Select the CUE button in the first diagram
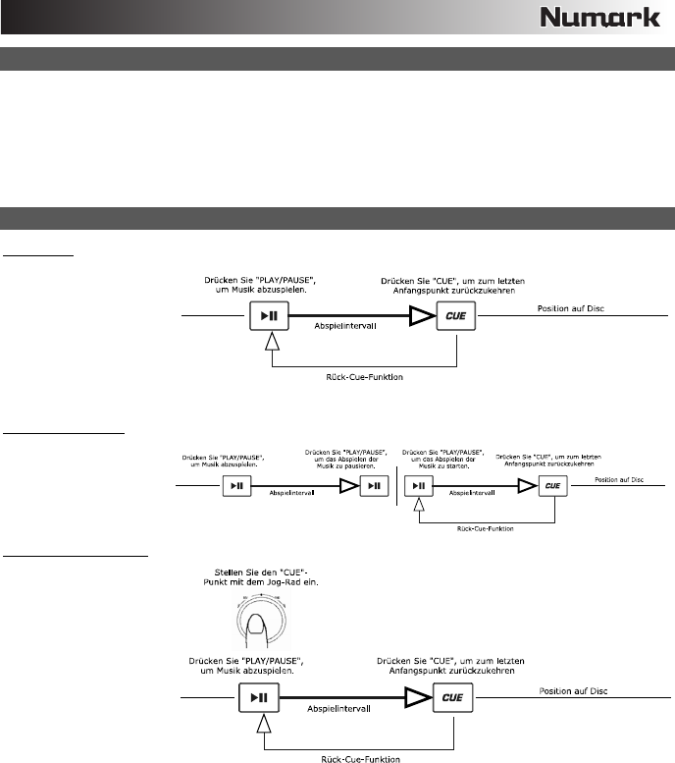(x=454, y=317)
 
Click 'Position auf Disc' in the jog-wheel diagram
(x=573, y=691)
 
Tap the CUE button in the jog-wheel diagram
(x=454, y=699)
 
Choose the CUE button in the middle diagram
(x=554, y=484)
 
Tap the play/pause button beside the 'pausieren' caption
(x=373, y=484)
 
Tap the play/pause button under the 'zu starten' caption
(x=419, y=484)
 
